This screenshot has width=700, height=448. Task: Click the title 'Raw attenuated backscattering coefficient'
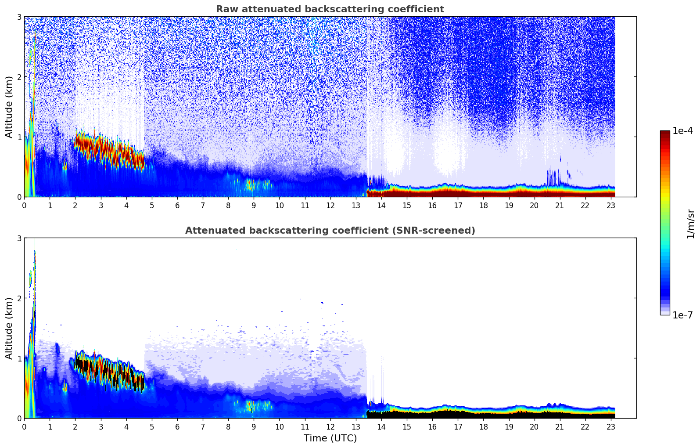330,9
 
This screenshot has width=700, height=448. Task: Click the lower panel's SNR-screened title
330,231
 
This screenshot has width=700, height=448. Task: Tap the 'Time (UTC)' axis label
330,438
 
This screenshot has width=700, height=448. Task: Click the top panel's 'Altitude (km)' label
9,107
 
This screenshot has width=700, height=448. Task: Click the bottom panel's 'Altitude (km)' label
9,328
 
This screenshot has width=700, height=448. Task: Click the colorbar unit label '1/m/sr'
690,224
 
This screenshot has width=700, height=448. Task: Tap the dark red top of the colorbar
665,133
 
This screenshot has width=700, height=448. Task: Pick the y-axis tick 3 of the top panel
19,17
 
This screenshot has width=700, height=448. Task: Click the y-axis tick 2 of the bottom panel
19,298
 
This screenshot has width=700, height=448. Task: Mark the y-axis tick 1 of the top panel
19,137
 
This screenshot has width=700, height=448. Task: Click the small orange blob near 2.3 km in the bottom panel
30,278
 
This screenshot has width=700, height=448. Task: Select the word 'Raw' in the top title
225,9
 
